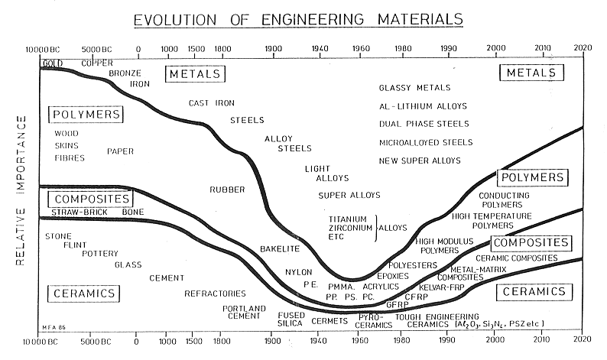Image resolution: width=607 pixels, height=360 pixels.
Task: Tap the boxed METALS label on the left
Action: (194, 74)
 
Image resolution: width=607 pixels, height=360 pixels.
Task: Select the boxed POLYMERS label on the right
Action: (532, 177)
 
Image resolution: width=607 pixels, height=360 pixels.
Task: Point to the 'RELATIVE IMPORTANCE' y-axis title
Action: (21, 191)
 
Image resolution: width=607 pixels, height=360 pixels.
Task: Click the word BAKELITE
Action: (279, 250)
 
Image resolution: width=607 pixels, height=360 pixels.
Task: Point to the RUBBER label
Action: (226, 189)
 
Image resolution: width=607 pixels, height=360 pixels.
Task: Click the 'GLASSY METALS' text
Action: (414, 88)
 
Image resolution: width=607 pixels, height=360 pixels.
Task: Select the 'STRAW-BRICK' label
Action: (74, 212)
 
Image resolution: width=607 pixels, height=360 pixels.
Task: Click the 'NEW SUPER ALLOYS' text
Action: (420, 161)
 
